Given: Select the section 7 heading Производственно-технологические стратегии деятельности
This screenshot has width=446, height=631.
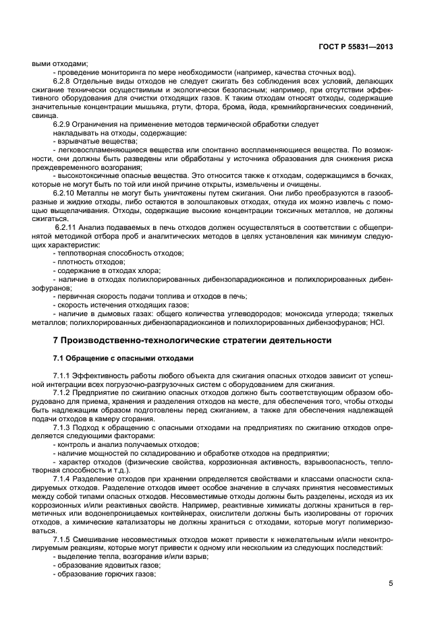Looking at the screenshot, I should pyautogui.click(x=192, y=340).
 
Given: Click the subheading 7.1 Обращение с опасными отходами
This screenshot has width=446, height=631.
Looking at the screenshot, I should pyautogui.click(x=113, y=358).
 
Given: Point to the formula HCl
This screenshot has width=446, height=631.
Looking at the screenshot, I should pyautogui.click(x=376, y=322).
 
